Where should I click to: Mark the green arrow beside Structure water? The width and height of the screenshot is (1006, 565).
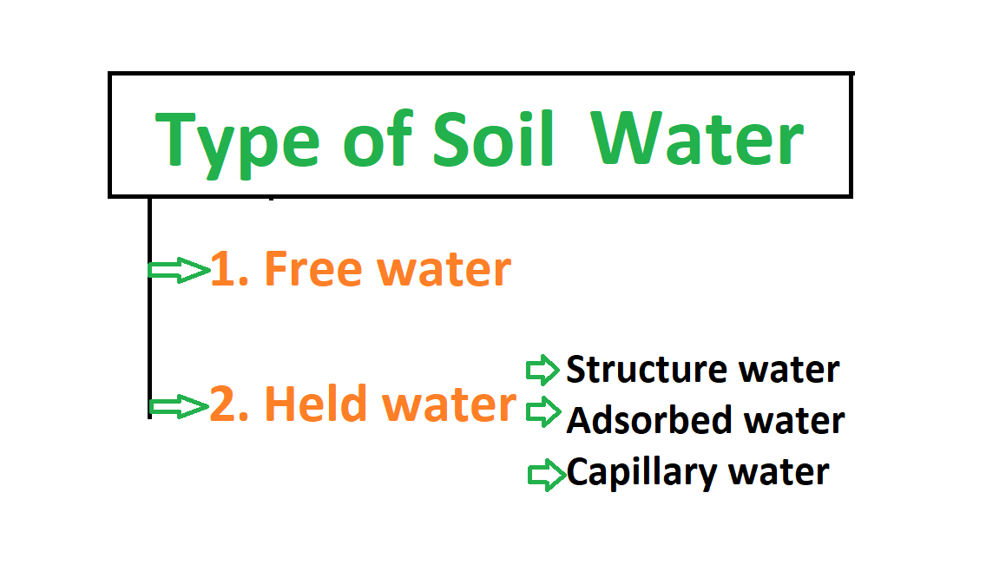pyautogui.click(x=543, y=371)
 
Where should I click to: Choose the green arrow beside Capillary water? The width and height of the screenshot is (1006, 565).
pyautogui.click(x=547, y=475)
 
